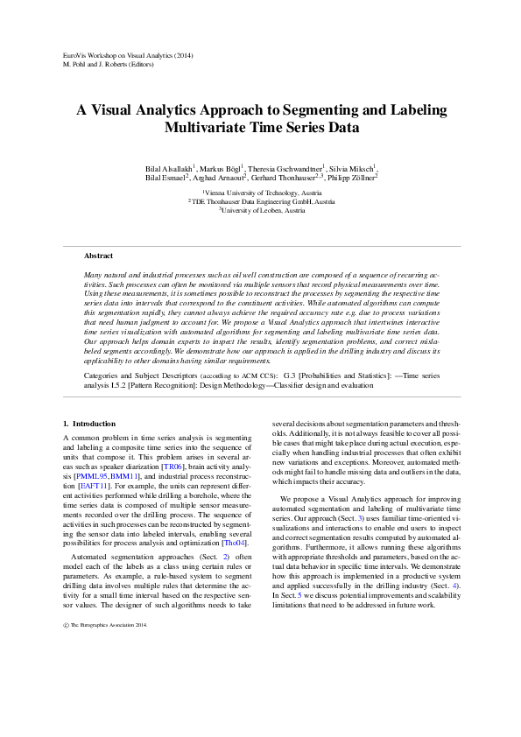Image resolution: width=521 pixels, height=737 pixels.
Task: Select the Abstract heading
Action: [x=98, y=256]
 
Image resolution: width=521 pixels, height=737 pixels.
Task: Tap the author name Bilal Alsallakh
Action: [x=168, y=167]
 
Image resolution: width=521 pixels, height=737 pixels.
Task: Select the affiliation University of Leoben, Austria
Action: [x=262, y=210]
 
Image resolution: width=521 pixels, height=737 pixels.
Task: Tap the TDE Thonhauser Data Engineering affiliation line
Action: [x=260, y=201]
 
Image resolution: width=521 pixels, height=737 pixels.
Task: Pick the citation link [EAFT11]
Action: [x=93, y=484]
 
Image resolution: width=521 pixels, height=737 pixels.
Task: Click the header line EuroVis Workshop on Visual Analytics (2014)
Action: [x=129, y=56]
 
